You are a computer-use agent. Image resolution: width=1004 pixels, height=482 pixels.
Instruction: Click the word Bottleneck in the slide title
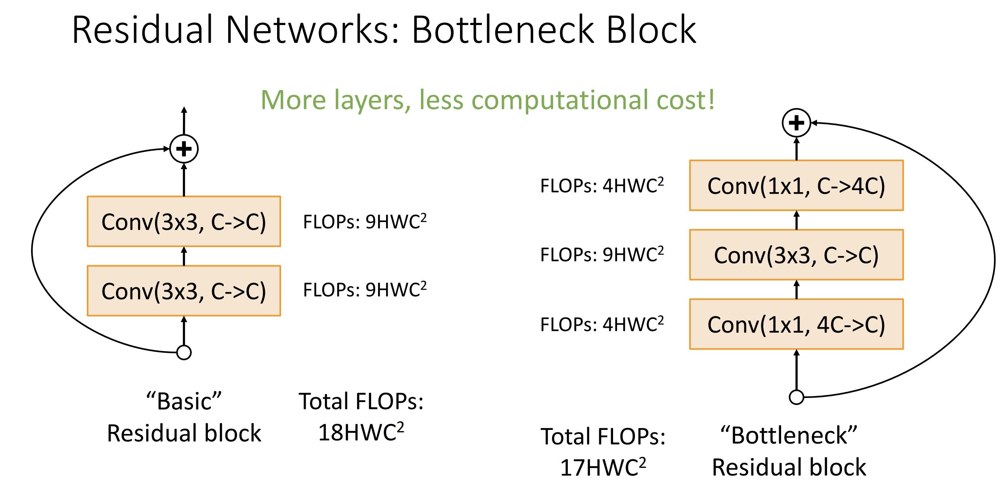click(503, 30)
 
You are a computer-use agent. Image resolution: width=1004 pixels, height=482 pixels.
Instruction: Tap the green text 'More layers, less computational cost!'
click(488, 100)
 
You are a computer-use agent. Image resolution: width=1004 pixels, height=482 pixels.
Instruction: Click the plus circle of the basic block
click(184, 149)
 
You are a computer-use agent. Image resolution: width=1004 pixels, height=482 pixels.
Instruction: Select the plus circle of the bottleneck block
click(796, 123)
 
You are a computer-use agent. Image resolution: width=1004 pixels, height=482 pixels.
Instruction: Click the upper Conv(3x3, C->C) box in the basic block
click(184, 222)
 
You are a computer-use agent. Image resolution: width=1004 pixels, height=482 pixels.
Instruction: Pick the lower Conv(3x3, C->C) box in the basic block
click(184, 291)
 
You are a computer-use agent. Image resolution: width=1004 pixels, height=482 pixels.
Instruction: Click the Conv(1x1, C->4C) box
click(796, 186)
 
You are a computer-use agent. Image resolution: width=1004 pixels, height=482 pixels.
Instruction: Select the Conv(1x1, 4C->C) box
click(796, 324)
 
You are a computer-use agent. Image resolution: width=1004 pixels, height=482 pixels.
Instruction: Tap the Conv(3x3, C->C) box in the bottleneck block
click(796, 255)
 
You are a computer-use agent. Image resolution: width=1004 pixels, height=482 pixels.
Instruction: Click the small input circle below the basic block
click(184, 352)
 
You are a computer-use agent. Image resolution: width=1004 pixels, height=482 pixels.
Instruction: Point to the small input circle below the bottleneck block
click(796, 397)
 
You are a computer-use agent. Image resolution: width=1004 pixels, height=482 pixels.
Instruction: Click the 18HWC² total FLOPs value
click(361, 432)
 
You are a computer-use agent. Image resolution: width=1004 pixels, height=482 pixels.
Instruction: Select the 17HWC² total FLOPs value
click(603, 467)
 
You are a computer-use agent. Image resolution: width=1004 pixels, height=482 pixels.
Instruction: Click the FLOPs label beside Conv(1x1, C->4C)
click(602, 186)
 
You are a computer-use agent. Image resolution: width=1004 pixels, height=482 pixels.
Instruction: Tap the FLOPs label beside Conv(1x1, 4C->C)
click(602, 324)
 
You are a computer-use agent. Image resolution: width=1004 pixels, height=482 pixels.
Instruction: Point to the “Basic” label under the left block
click(184, 401)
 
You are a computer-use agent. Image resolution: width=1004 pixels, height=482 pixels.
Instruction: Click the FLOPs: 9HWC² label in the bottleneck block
click(602, 255)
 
